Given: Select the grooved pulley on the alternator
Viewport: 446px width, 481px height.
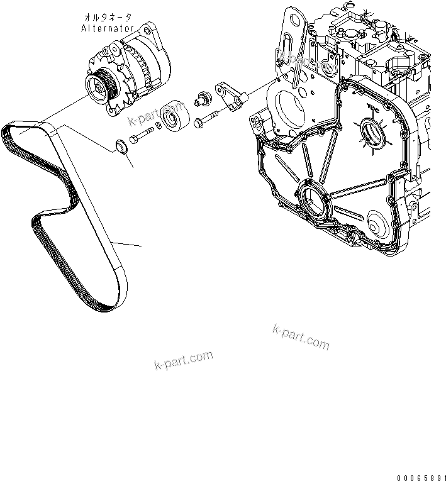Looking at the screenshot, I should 100,86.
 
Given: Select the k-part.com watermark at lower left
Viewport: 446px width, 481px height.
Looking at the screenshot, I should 182,361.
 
